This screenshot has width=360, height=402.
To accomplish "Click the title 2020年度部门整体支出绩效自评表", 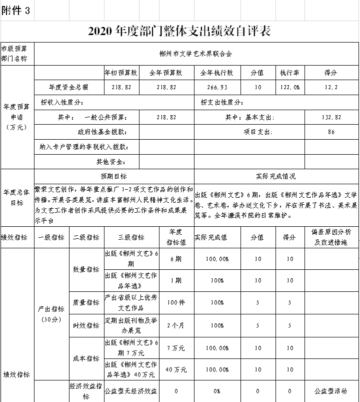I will pyautogui.click(x=179, y=32).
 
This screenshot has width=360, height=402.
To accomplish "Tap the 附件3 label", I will pyautogui.click(x=16, y=11).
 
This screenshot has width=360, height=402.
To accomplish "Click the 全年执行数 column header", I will pyautogui.click(x=217, y=73).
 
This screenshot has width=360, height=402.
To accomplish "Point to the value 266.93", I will pyautogui.click(x=217, y=87).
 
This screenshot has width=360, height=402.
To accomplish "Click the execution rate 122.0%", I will pyautogui.click(x=290, y=87).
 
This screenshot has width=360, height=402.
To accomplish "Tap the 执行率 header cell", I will pyautogui.click(x=290, y=73).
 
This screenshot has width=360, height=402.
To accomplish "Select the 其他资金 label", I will pyautogui.click(x=110, y=162).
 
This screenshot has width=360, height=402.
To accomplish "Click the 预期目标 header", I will pyautogui.click(x=113, y=177).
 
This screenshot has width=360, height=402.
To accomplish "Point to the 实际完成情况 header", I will pyautogui.click(x=275, y=177).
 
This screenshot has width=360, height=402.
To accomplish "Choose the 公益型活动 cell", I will pyautogui.click(x=331, y=391).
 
